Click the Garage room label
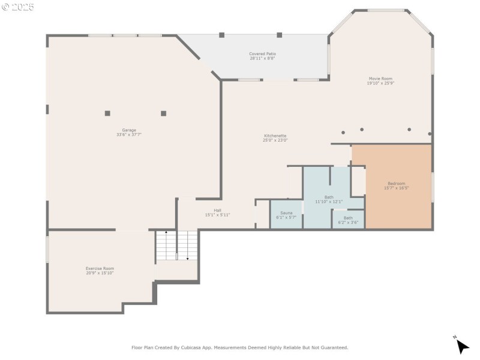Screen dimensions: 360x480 pos(129,130)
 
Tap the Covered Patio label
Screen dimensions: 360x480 pos(262,54)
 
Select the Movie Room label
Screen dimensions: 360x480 pos(380,79)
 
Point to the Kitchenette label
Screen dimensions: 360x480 pos(275,136)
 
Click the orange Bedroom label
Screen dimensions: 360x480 pos(396,184)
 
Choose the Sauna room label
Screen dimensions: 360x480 pos(286,213)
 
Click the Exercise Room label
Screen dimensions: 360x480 pos(100,268)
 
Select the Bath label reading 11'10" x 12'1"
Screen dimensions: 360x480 pos(329,197)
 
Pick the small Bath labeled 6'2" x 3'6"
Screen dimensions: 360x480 pos(348,218)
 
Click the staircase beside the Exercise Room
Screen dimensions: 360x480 pos(176,246)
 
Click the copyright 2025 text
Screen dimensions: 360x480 pos(18,7)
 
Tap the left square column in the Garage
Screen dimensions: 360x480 pos(107,113)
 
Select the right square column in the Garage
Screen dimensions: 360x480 pos(163,113)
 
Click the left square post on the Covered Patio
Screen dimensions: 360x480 pos(221,35)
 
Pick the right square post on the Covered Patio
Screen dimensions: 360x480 pos(279,35)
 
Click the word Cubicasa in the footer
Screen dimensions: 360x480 pos(187,347)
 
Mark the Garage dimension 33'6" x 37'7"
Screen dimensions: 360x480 pos(129,135)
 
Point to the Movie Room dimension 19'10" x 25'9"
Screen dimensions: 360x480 pos(380,83)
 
